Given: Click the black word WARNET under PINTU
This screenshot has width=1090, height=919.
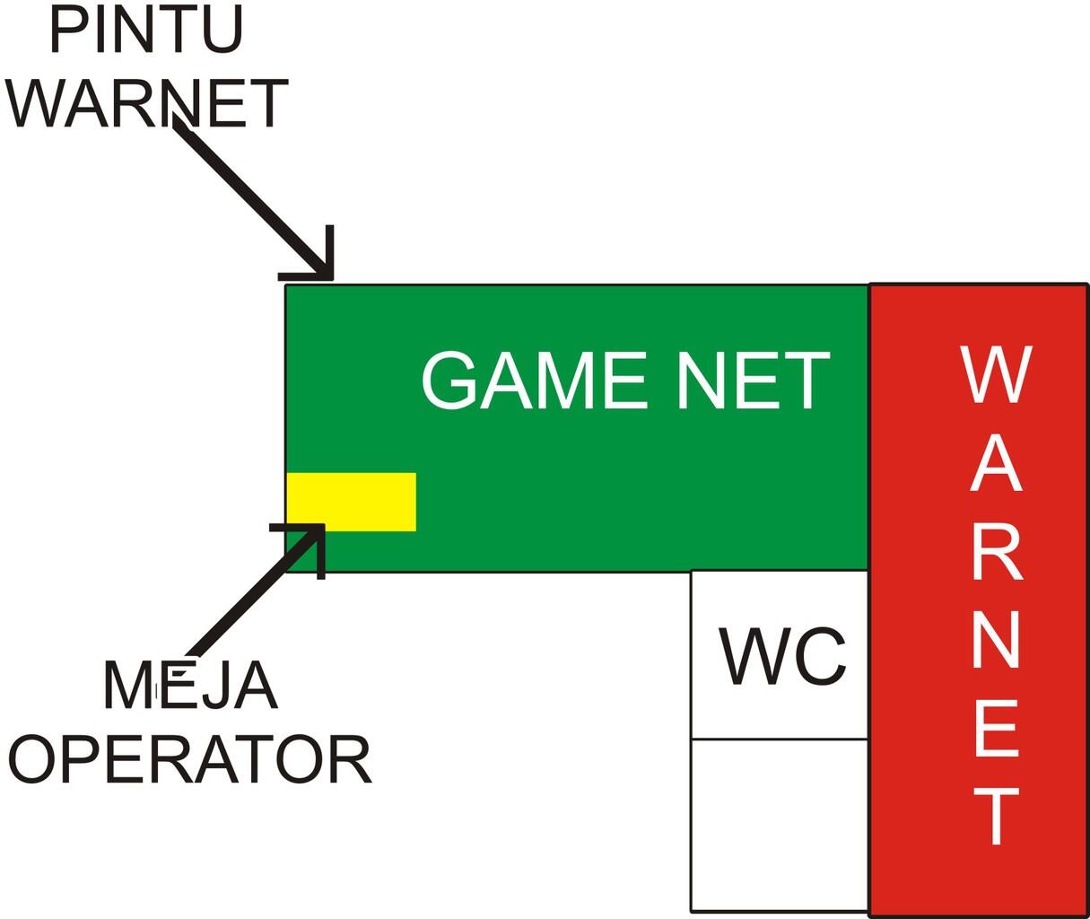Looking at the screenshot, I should click(x=146, y=104).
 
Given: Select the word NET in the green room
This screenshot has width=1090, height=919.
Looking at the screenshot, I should click(x=754, y=380).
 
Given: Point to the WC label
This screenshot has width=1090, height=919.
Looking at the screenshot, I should click(x=781, y=656).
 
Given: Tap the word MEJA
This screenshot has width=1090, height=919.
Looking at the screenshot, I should click(x=190, y=686).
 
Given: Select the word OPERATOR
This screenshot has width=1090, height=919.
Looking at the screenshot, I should click(x=190, y=760).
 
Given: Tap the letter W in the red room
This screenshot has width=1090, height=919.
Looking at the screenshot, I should click(x=996, y=374).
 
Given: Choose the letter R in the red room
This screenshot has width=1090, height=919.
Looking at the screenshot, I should click(x=996, y=552).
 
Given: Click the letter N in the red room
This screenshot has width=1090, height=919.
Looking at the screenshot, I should click(x=996, y=639).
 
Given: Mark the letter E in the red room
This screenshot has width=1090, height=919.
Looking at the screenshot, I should click(x=996, y=728).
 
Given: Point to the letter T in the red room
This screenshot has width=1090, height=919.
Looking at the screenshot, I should click(x=996, y=816).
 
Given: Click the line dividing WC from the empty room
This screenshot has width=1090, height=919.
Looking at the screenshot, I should click(x=779, y=739).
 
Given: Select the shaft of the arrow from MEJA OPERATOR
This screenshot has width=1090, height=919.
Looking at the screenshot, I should click(x=242, y=601).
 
